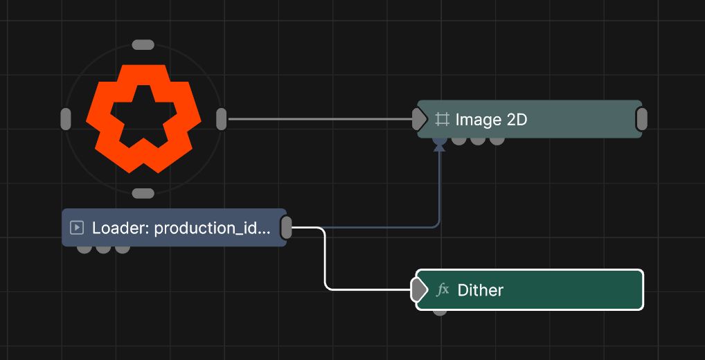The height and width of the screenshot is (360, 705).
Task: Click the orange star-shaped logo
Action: pos(143,118)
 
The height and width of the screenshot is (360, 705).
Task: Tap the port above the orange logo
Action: pos(143,45)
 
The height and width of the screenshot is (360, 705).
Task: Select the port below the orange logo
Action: pos(143,193)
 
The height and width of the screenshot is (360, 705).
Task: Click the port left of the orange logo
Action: pos(66,119)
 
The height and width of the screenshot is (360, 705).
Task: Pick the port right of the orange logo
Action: pos(221,119)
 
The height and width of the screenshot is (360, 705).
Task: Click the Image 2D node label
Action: pos(491,120)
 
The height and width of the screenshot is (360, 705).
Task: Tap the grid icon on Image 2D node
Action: pos(442,120)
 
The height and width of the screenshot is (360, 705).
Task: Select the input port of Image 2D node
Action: pos(420,119)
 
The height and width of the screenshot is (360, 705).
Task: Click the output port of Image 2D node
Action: pos(641,119)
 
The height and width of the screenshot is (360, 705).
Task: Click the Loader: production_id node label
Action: pos(181,228)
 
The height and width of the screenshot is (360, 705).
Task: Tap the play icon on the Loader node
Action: pos(77,228)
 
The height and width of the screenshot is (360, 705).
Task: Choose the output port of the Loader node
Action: pos(286,227)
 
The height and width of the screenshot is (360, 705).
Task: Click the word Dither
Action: pos(480,290)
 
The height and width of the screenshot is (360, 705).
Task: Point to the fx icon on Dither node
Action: pos(443,290)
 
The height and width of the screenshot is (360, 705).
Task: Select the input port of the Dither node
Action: pos(419,290)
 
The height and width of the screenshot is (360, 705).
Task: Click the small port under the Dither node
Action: pos(440,312)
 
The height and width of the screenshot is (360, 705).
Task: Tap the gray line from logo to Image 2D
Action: pos(321,119)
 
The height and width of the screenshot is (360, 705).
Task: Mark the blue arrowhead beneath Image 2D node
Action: pos(439,147)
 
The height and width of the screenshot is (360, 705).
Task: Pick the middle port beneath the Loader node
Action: pos(103,249)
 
